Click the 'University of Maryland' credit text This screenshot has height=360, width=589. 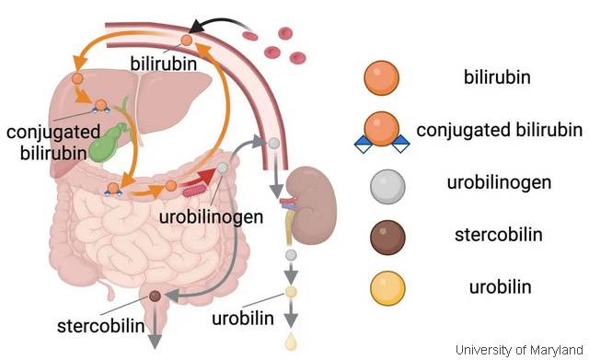coord(519,349)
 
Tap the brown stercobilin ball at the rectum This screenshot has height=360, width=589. coord(156,296)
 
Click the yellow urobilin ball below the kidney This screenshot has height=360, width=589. coord(291,292)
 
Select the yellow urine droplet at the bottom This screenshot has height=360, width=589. coord(291,342)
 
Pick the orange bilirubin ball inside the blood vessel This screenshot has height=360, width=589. coord(186,41)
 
